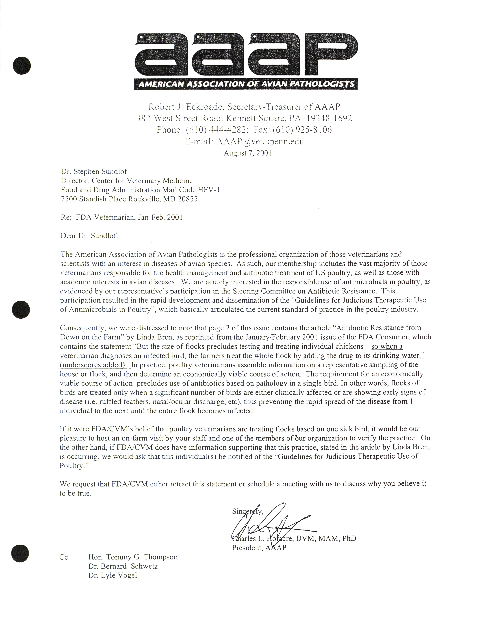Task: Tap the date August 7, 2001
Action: (247, 153)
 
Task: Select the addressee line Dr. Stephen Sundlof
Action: (94, 171)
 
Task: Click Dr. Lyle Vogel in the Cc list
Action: (113, 575)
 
